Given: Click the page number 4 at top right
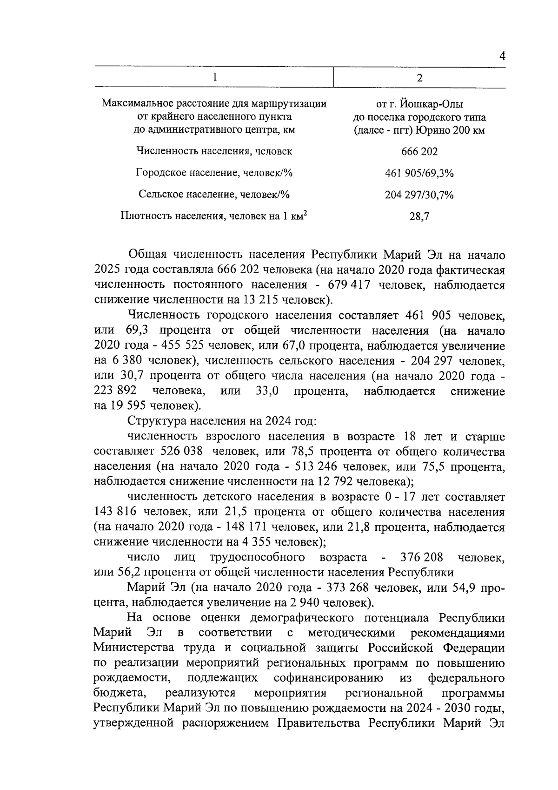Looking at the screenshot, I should (502, 56).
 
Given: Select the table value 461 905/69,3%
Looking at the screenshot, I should (419, 174).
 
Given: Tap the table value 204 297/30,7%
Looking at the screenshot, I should (419, 195).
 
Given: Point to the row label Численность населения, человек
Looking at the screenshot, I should (214, 151).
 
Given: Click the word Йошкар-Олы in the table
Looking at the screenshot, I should (438, 104).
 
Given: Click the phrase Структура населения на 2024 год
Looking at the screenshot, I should (222, 421).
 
